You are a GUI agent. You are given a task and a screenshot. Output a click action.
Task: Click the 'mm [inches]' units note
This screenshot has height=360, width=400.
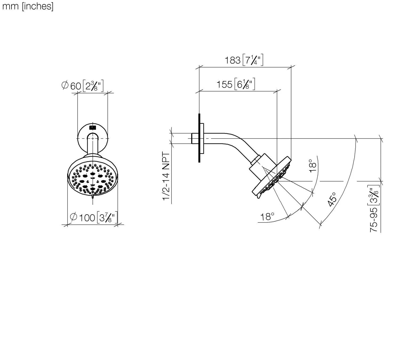pos(28,7)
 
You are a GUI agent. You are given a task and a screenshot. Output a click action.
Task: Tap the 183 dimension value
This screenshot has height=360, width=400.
pos(233,60)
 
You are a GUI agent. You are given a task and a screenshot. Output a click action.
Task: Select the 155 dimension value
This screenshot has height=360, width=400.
pos(224,84)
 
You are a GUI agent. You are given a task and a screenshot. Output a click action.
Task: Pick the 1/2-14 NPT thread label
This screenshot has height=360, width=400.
pos(166,176)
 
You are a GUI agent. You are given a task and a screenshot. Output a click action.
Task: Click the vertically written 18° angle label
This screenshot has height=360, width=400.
pos(313,166)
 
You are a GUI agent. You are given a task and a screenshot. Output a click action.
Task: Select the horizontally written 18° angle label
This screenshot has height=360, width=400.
pos(267,217)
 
